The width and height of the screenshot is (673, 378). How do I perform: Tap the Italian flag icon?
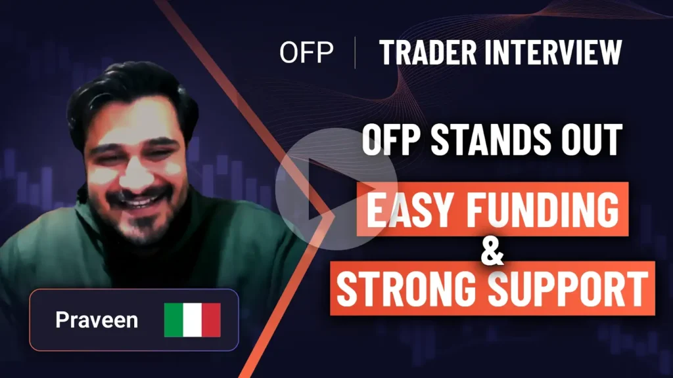coord(192,320)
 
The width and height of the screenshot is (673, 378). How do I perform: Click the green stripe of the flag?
coord(174,320)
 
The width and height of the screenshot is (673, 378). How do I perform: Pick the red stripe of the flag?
coord(211,320)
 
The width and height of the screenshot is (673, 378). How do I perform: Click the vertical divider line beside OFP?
coord(355,53)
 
